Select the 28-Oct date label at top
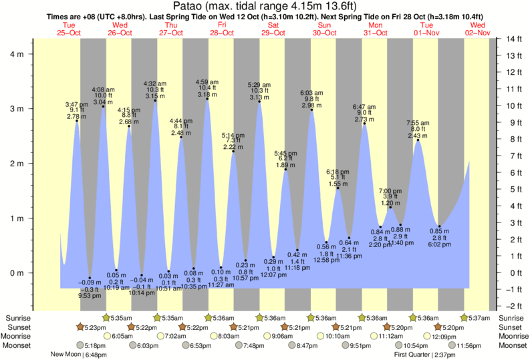[x=222, y=33]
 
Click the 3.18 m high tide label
[x=207, y=95]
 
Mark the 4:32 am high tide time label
[x=155, y=83]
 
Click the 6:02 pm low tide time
[x=440, y=245]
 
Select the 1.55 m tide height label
[x=338, y=184]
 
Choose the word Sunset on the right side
[x=510, y=327]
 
